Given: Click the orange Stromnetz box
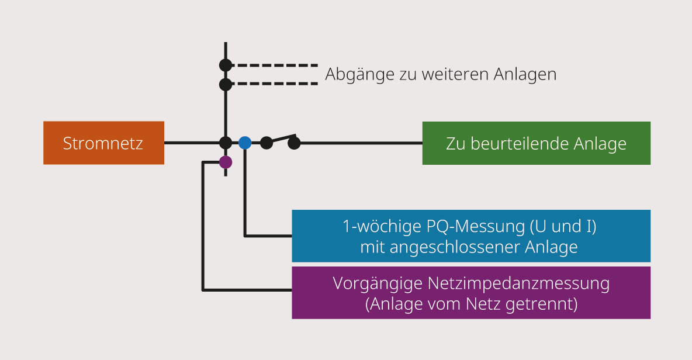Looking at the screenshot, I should click(103, 143).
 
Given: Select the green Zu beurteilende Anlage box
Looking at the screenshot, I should click(536, 143).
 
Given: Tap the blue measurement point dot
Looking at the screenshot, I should click(245, 143).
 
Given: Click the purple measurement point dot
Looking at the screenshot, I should click(226, 162).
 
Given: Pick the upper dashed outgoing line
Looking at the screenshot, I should click(275, 65).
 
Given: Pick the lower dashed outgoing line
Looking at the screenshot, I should click(275, 84).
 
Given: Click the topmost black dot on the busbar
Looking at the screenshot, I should click(226, 65).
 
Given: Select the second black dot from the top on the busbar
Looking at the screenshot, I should click(226, 84).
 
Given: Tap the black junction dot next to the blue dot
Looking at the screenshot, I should click(226, 143).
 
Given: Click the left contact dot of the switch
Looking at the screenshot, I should click(266, 142).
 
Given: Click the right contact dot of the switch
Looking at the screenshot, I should click(294, 143).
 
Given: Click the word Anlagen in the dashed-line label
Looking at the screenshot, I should click(525, 75).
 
